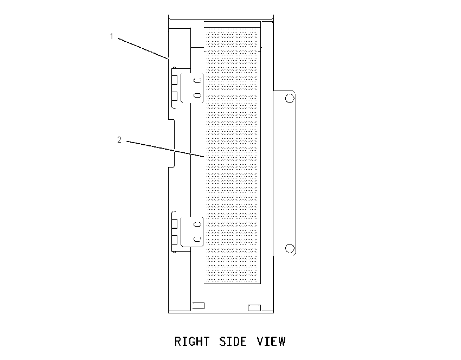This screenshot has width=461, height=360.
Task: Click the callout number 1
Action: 112,36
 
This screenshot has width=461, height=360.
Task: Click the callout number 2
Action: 119,139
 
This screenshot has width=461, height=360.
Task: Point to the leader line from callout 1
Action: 144,48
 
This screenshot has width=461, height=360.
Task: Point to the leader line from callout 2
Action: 165,149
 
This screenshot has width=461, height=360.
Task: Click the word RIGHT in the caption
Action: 192,342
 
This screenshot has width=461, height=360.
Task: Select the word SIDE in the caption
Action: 233,342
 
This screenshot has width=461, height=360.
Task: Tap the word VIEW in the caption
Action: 271,342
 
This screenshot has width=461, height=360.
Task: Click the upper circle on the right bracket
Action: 290,98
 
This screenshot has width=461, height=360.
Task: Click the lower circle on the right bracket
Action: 290,248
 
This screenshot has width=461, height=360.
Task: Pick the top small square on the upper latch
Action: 174,80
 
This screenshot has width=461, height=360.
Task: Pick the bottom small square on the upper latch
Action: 174,96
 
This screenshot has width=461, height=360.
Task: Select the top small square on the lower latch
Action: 174,223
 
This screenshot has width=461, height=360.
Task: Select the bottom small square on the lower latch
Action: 174,240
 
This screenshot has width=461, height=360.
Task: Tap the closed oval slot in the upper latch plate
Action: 197,95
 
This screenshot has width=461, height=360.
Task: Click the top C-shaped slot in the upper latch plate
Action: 197,80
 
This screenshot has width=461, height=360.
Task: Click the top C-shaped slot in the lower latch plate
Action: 197,224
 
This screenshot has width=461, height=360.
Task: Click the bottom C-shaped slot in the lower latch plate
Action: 197,239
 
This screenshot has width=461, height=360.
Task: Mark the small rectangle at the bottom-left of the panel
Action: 198,306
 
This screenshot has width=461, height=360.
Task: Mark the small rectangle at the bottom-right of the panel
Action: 254,308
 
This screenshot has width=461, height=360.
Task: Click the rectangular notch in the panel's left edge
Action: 171,143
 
